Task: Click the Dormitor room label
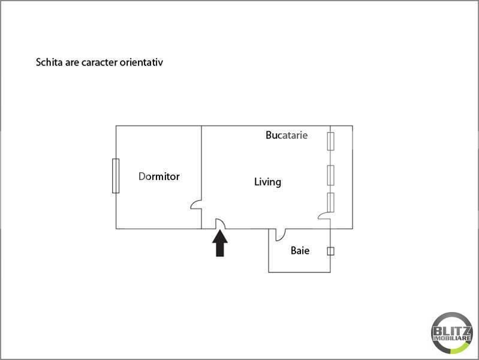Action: (x=159, y=176)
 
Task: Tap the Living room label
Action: (x=267, y=182)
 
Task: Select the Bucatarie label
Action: (x=287, y=135)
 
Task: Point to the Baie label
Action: (x=300, y=251)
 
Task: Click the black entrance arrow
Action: (x=220, y=244)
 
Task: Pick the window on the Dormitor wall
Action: (x=116, y=176)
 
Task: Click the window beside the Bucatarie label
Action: (x=330, y=142)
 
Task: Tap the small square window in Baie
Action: (x=330, y=251)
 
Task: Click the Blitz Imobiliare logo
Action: (x=452, y=333)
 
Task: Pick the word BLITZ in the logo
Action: (x=452, y=331)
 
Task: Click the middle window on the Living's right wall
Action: (x=330, y=175)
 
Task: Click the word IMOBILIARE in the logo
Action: (x=452, y=338)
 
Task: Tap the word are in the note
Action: (x=72, y=63)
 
